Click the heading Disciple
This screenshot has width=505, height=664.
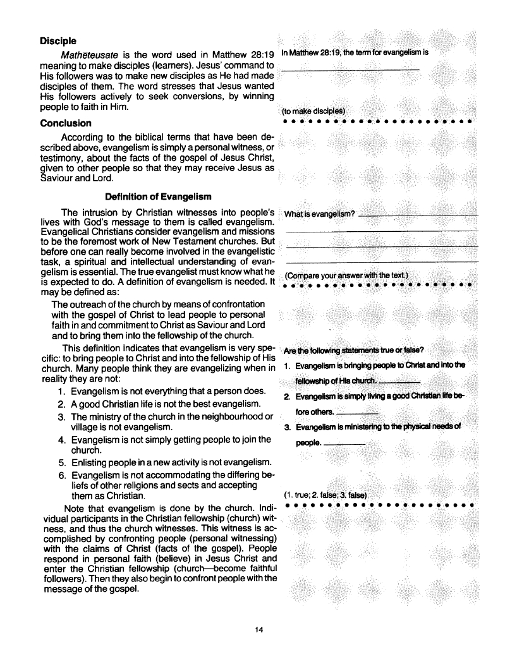pyautogui.click(x=58, y=41)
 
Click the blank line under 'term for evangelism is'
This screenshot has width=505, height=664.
pyautogui.click(x=351, y=69)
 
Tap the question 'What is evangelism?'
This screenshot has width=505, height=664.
pyautogui.click(x=320, y=214)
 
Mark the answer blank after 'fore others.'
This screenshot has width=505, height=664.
pyautogui.click(x=358, y=413)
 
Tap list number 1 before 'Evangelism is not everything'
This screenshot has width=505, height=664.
pyautogui.click(x=61, y=391)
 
